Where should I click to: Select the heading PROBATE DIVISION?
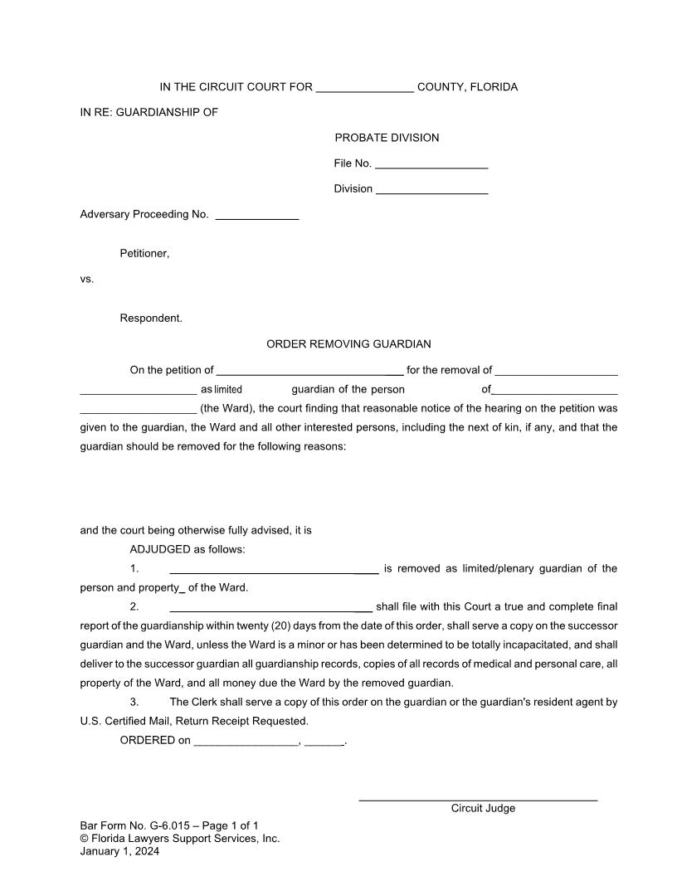tap(387, 138)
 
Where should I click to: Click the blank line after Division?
tap(431, 190)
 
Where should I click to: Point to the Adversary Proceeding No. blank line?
tap(256, 216)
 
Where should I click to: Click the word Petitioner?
tap(144, 253)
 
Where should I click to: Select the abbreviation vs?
tap(87, 279)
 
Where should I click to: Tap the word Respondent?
tap(151, 318)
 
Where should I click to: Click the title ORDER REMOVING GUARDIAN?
tap(348, 343)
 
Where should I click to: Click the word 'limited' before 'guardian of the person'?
tap(228, 389)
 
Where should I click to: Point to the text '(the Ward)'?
tap(226, 408)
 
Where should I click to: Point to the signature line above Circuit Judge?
tap(477, 798)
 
